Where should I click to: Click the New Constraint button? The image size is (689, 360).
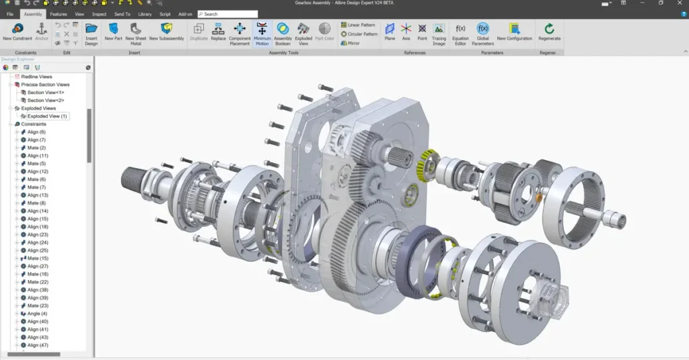tap(17, 32)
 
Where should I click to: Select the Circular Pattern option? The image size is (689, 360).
tap(359, 34)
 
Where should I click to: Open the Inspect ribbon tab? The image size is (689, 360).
tap(99, 13)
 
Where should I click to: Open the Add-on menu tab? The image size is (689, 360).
tap(184, 13)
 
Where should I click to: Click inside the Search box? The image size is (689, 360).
tap(229, 13)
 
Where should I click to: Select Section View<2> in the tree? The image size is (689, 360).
tap(46, 100)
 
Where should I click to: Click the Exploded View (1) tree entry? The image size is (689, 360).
tap(47, 116)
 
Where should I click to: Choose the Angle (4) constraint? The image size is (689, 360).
tap(37, 314)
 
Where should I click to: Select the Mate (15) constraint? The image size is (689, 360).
tap(38, 258)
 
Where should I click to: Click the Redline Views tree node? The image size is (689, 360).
tap(36, 77)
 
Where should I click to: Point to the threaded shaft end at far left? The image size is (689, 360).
tap(132, 180)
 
